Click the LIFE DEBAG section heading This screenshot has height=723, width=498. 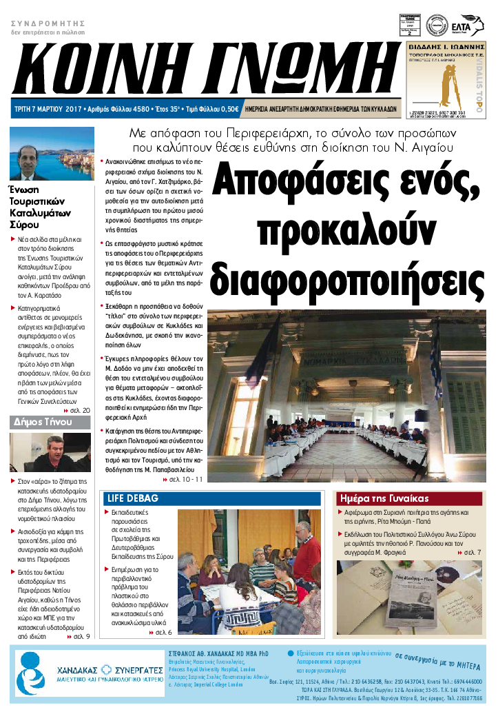point(133,498)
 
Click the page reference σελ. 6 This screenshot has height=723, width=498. point(163,632)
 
